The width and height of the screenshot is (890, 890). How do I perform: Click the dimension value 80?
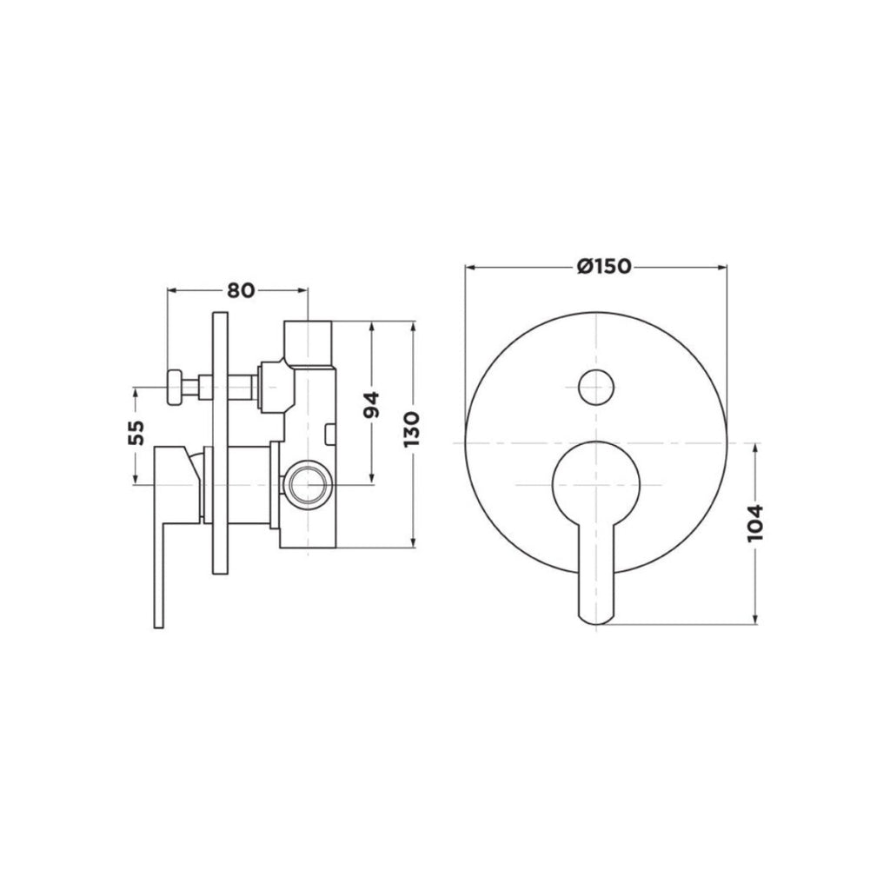[241, 290]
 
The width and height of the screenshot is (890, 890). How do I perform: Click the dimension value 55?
[136, 433]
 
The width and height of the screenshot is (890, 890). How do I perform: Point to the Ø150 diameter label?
[595, 266]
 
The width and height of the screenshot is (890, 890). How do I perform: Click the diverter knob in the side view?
[177, 386]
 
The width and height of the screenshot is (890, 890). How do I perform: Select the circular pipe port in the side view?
[307, 483]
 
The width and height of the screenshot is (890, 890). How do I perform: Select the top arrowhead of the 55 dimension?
[136, 392]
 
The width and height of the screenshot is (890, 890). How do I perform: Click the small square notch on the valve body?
[329, 431]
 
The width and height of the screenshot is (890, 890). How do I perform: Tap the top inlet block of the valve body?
[309, 342]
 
